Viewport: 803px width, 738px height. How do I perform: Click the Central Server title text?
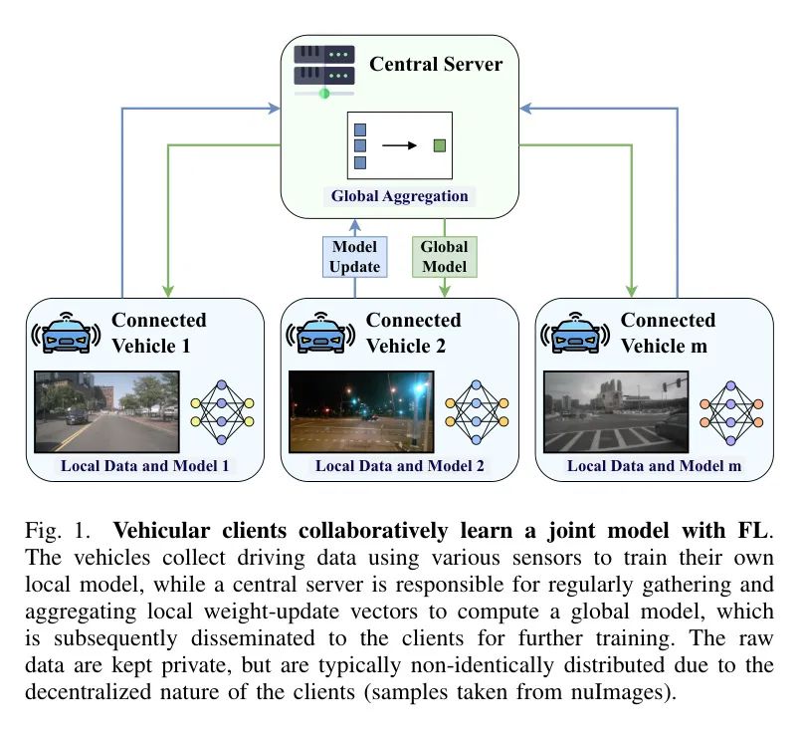(436, 65)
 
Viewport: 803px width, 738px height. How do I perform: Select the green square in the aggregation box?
(439, 145)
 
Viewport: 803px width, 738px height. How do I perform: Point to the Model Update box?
(355, 257)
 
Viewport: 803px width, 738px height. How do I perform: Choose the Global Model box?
(444, 256)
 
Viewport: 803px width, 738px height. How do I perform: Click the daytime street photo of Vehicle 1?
(106, 411)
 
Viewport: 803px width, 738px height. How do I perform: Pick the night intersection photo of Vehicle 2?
(361, 411)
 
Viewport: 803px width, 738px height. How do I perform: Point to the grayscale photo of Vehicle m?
(616, 411)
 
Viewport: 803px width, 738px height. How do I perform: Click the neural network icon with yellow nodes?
(222, 408)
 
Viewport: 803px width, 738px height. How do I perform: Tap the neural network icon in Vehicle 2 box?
(477, 408)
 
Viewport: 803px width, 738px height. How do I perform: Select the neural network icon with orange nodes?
(731, 408)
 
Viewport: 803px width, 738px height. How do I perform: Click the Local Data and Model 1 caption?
(144, 465)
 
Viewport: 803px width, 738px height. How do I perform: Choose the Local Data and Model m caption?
(655, 465)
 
